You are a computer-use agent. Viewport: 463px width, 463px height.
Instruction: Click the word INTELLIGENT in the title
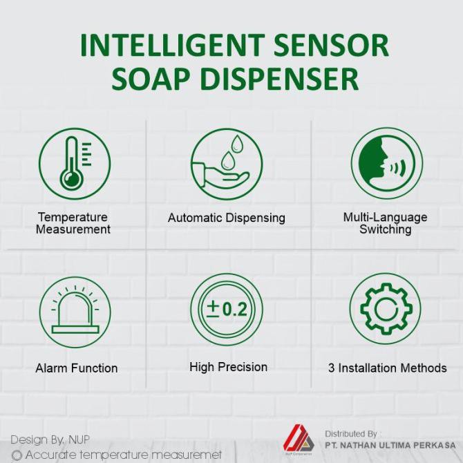click(172, 45)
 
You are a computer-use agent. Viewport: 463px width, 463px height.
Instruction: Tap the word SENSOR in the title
click(331, 45)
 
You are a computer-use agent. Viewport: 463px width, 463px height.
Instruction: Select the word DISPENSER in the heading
click(279, 79)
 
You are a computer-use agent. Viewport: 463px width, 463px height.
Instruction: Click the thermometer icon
click(75, 164)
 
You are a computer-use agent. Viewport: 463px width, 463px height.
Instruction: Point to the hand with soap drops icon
click(227, 164)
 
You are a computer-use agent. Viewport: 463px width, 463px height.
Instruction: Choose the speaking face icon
click(387, 163)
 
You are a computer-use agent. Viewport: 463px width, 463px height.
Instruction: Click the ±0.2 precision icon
click(227, 310)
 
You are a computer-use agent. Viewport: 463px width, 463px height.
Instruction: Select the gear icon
click(386, 309)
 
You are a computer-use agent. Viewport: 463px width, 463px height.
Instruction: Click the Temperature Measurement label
click(73, 223)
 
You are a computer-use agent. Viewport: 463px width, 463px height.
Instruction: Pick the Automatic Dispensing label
click(227, 218)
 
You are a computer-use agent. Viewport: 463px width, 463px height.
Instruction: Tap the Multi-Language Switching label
click(385, 223)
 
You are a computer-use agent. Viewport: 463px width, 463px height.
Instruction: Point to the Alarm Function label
click(77, 368)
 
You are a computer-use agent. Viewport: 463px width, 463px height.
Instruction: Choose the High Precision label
click(228, 367)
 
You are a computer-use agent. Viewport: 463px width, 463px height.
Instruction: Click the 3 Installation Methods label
click(388, 368)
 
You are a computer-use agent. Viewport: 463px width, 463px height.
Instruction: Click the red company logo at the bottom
click(299, 440)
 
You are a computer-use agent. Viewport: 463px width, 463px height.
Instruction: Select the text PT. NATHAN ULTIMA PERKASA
click(390, 445)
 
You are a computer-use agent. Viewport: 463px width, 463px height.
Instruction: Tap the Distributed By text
click(351, 434)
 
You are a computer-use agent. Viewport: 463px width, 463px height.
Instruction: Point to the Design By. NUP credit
click(50, 440)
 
